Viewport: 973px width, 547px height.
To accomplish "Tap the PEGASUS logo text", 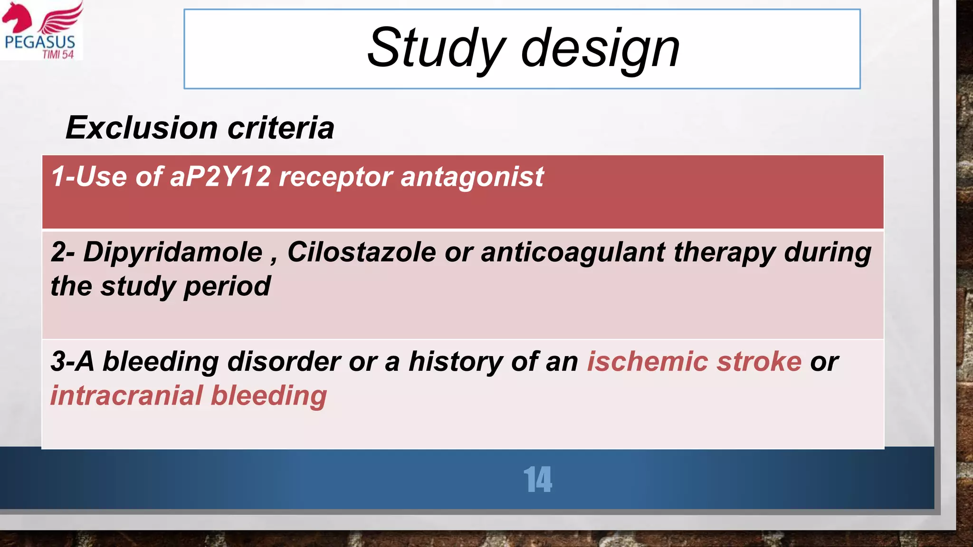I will (x=40, y=42).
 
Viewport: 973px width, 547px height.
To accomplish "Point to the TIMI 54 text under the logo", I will (x=58, y=55).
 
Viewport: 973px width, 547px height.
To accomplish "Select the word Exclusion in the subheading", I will (x=142, y=128).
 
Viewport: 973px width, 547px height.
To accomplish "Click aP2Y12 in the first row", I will (x=220, y=177).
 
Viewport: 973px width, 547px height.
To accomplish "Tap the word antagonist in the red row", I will (x=472, y=177).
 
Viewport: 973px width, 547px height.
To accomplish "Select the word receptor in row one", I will (x=335, y=177).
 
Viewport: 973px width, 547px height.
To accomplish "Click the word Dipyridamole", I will (x=173, y=252).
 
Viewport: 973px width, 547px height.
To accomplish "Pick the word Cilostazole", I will (x=362, y=252).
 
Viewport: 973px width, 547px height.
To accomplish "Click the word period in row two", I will (x=227, y=286).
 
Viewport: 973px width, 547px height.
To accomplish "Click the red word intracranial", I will (x=126, y=396).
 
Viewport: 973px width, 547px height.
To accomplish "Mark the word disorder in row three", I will (x=284, y=362).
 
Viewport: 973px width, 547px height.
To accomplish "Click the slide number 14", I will (x=537, y=480).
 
